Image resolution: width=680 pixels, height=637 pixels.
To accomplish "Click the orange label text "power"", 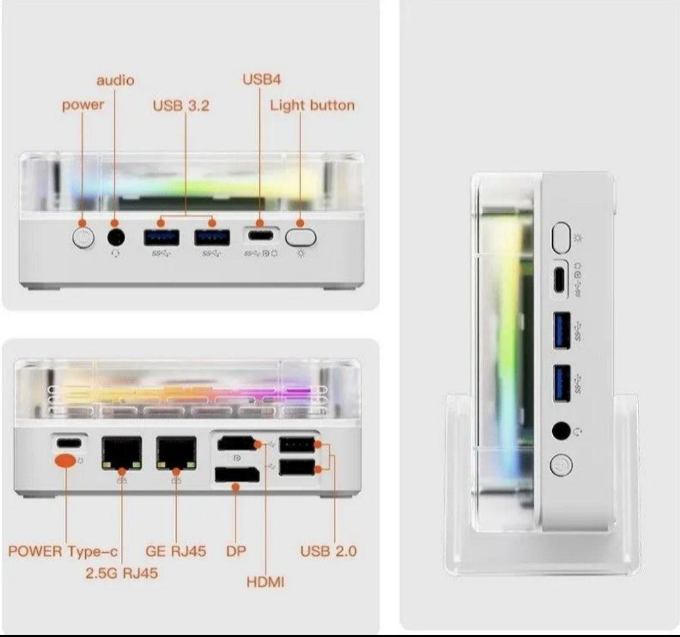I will click(82, 105).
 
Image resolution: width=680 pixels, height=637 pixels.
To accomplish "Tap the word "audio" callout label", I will click(115, 81).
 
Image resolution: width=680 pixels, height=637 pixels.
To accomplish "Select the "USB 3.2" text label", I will click(181, 106).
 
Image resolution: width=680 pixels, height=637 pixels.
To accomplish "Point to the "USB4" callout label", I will click(261, 79).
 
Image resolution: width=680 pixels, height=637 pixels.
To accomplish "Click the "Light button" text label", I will click(312, 105).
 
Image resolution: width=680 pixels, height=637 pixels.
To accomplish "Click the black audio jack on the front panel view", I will click(115, 237).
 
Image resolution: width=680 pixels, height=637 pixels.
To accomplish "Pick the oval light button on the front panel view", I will click(300, 237).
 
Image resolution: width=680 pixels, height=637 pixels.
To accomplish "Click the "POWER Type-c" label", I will click(63, 551).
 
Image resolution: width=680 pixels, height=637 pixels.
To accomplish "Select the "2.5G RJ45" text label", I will click(122, 573).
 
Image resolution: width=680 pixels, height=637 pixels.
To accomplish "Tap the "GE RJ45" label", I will click(176, 551).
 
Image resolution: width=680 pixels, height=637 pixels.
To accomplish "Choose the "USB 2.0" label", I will click(328, 551).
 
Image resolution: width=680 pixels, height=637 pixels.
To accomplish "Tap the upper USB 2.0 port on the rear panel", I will click(297, 445).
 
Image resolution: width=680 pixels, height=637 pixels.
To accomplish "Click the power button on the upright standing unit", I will click(560, 465).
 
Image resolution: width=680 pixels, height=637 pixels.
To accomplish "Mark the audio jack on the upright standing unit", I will click(561, 431).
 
